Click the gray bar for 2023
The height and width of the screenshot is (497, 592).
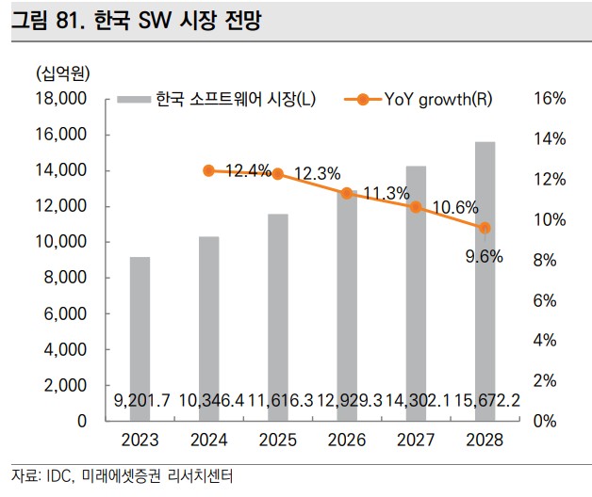(x=140, y=339)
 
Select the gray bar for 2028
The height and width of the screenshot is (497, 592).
(x=485, y=281)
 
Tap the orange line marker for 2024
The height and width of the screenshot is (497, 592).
(x=208, y=170)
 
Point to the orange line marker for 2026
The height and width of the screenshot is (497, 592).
(x=347, y=193)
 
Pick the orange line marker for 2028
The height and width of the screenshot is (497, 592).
(x=485, y=228)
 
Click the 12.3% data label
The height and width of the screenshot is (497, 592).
(x=317, y=174)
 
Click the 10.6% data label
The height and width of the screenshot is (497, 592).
(x=455, y=207)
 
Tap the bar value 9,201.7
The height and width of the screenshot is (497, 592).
(x=141, y=402)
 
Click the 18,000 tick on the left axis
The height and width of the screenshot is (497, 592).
(x=60, y=99)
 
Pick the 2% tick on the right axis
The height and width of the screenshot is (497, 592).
(x=551, y=380)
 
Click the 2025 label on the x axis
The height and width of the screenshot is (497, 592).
(x=277, y=440)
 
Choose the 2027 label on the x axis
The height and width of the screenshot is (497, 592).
(x=416, y=440)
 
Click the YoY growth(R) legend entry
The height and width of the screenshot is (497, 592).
(x=436, y=99)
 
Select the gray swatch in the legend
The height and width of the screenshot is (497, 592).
(x=130, y=99)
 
